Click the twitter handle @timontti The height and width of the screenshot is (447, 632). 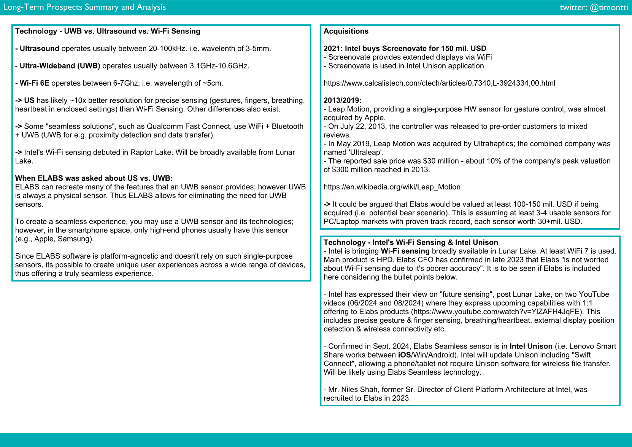pyautogui.click(x=594, y=8)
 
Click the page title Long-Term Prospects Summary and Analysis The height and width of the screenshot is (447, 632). pyautogui.click(x=84, y=7)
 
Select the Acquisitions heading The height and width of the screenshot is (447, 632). pyautogui.click(x=346, y=31)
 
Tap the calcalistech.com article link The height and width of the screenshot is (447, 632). pyautogui.click(x=439, y=83)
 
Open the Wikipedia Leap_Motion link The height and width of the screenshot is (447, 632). pyautogui.click(x=392, y=187)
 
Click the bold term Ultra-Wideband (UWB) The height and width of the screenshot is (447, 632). pyautogui.click(x=60, y=66)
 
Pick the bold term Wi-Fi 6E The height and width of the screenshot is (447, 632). pyautogui.click(x=34, y=83)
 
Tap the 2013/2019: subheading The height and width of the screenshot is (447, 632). pyautogui.click(x=342, y=100)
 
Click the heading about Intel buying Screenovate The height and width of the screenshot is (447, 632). pyautogui.click(x=405, y=48)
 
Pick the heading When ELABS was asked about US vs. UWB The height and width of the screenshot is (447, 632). pyautogui.click(x=94, y=178)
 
